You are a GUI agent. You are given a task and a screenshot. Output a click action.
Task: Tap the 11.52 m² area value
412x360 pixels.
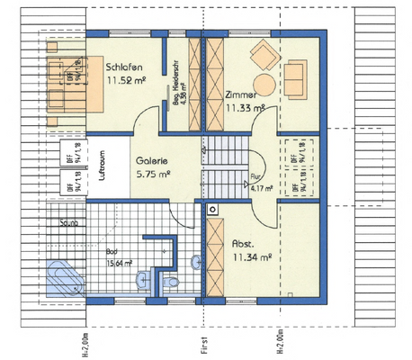(125, 81)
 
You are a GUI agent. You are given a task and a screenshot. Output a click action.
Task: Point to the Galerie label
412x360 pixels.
(152, 162)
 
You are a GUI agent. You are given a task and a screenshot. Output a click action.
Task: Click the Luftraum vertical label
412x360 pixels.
(103, 167)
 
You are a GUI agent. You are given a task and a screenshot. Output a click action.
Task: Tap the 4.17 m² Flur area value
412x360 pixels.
(262, 189)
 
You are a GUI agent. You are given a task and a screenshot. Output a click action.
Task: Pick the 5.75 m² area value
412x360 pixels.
(152, 176)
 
